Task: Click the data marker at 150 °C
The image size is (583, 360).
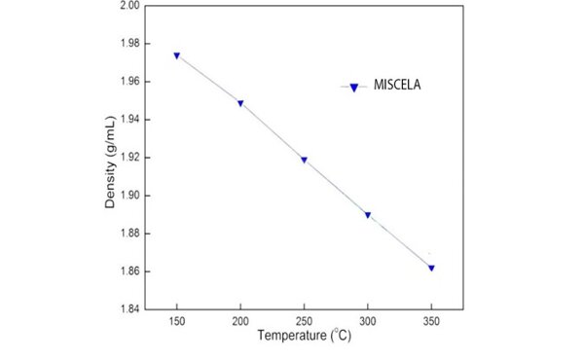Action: pyautogui.click(x=177, y=55)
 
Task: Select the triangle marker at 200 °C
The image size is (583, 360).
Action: pyautogui.click(x=240, y=103)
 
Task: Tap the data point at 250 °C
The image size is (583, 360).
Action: pyautogui.click(x=304, y=161)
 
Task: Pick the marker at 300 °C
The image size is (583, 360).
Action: pyautogui.click(x=368, y=215)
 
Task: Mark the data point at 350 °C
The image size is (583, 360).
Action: pyautogui.click(x=431, y=268)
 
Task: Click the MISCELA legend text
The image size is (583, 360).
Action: pyautogui.click(x=397, y=85)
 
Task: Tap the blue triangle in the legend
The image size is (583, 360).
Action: pyautogui.click(x=354, y=88)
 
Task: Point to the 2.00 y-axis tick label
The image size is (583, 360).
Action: pyautogui.click(x=129, y=6)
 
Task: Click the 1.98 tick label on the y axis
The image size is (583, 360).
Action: pyautogui.click(x=129, y=44)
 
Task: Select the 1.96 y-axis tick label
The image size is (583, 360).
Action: pyautogui.click(x=129, y=82)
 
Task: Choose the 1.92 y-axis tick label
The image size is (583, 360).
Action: pyautogui.click(x=129, y=158)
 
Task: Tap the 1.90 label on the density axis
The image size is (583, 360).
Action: pyautogui.click(x=129, y=196)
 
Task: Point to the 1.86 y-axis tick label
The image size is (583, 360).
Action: pyautogui.click(x=129, y=271)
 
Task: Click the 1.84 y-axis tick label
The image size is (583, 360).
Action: pyautogui.click(x=129, y=309)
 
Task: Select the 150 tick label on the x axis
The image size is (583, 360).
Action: pyautogui.click(x=177, y=321)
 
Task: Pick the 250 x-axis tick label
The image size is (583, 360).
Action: pyautogui.click(x=304, y=321)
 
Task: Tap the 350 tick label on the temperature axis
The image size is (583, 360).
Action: pyautogui.click(x=431, y=321)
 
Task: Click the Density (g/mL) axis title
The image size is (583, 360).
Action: pyautogui.click(x=110, y=162)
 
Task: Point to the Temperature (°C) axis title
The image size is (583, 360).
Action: pyautogui.click(x=304, y=335)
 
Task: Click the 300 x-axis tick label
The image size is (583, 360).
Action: pyautogui.click(x=368, y=321)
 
